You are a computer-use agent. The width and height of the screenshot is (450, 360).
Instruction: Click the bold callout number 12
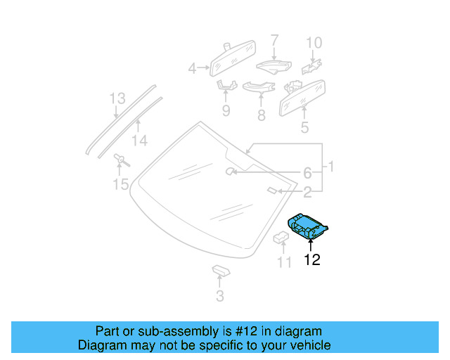click(x=311, y=260)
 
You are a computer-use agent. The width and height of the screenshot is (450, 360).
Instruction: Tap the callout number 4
click(x=192, y=68)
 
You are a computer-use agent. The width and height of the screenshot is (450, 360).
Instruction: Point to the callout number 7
click(x=274, y=40)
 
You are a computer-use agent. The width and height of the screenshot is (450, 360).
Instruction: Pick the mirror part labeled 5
click(x=302, y=96)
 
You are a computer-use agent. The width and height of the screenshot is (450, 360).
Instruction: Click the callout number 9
click(x=226, y=110)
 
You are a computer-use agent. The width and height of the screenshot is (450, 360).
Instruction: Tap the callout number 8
click(x=261, y=115)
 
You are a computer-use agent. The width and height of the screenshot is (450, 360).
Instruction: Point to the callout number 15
click(x=121, y=184)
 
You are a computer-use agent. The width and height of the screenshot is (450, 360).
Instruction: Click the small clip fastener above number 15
click(x=120, y=160)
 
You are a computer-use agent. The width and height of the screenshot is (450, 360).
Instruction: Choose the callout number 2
click(x=307, y=191)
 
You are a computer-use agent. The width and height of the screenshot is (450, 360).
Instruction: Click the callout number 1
click(x=330, y=167)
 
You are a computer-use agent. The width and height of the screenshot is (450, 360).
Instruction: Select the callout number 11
click(x=283, y=263)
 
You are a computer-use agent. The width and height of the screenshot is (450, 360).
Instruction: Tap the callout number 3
click(x=220, y=297)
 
